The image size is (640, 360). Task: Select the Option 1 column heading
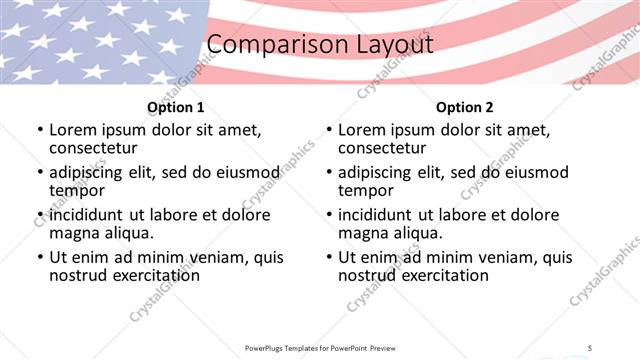point(176,106)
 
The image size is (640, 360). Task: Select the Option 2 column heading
point(465,106)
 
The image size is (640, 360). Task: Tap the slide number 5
point(591,347)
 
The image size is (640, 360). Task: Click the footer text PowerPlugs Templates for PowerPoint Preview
point(319,347)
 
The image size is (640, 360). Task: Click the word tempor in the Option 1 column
point(76,190)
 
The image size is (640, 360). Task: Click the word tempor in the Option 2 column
point(365,190)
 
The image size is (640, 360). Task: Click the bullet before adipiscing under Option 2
point(329,173)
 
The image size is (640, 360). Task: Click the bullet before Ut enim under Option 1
point(40,257)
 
